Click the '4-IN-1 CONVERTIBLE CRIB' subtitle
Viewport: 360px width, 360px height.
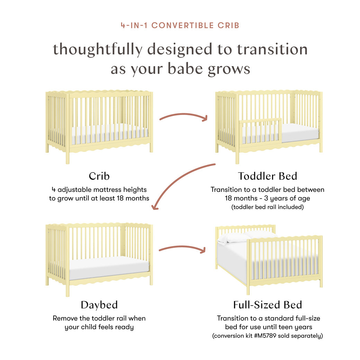tap(180, 25)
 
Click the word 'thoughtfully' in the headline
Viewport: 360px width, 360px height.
tap(97, 49)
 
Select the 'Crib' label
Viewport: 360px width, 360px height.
tap(99, 176)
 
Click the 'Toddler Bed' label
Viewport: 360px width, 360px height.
tap(267, 176)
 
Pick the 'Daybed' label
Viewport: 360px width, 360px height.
tap(99, 305)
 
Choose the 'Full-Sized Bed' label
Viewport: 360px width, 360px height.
tap(267, 305)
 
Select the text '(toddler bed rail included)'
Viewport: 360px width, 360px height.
tap(267, 207)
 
